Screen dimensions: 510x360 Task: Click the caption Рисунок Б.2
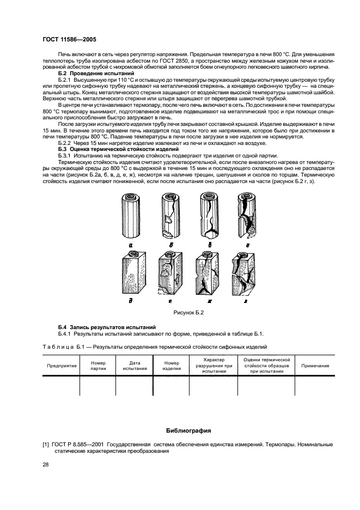[188, 313]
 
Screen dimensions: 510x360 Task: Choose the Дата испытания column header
[135, 366]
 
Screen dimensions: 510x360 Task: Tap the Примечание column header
[315, 366]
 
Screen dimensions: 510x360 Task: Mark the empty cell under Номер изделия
[171, 385]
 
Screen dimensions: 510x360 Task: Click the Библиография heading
[188, 430]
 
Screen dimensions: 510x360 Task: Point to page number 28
[46, 464]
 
